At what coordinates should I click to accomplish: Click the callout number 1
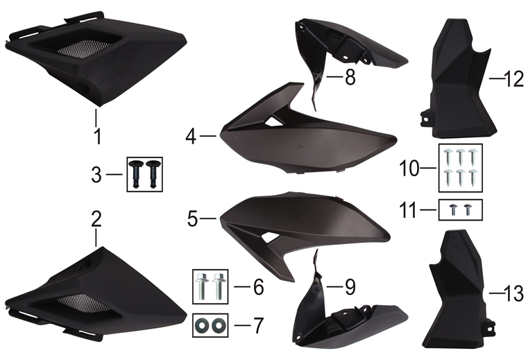point(98,137)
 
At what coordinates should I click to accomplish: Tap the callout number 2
point(96,219)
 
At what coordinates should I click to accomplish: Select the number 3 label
point(96,175)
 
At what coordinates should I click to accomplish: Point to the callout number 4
point(191,137)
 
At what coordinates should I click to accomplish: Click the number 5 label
point(192,219)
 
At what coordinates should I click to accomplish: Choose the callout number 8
point(350,77)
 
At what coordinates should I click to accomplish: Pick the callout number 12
point(514,80)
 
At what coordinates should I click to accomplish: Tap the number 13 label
point(514,293)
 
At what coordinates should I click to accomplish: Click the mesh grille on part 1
point(83,49)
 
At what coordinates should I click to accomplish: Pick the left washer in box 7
point(203,325)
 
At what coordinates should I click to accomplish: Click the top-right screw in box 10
point(472,157)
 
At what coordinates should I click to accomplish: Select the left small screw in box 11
point(453,209)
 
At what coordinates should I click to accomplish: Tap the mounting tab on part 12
point(426,119)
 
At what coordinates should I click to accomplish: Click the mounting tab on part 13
point(489,327)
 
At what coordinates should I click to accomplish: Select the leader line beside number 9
point(334,286)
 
